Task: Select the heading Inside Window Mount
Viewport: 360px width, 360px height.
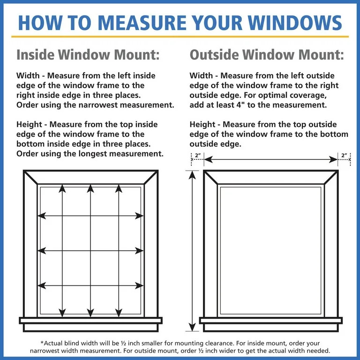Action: (x=88, y=55)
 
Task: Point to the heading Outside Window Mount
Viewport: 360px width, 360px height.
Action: (x=267, y=55)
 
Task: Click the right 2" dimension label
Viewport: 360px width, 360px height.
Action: (x=345, y=155)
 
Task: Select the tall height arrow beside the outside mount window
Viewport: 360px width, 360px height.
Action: (x=191, y=251)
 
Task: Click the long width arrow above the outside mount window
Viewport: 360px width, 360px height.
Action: (x=270, y=160)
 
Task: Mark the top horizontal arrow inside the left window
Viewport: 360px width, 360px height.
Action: (x=90, y=216)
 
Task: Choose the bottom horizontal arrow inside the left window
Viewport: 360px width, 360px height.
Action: (x=90, y=285)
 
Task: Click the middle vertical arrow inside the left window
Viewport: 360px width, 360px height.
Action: (x=90, y=251)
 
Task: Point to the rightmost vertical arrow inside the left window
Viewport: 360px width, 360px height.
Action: (x=119, y=251)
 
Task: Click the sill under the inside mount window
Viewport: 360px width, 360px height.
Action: (x=90, y=321)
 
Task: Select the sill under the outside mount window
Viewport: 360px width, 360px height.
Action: (x=270, y=321)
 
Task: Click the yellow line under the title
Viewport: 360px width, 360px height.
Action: (x=180, y=37)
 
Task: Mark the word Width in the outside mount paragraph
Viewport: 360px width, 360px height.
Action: (x=202, y=75)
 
